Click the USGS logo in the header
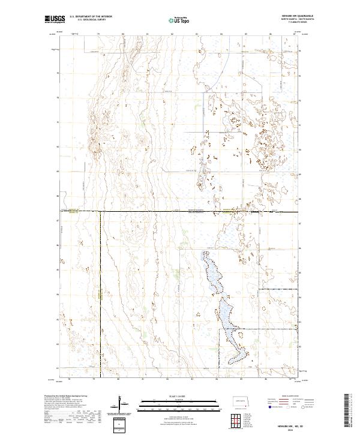55,19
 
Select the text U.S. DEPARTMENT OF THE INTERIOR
90,17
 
